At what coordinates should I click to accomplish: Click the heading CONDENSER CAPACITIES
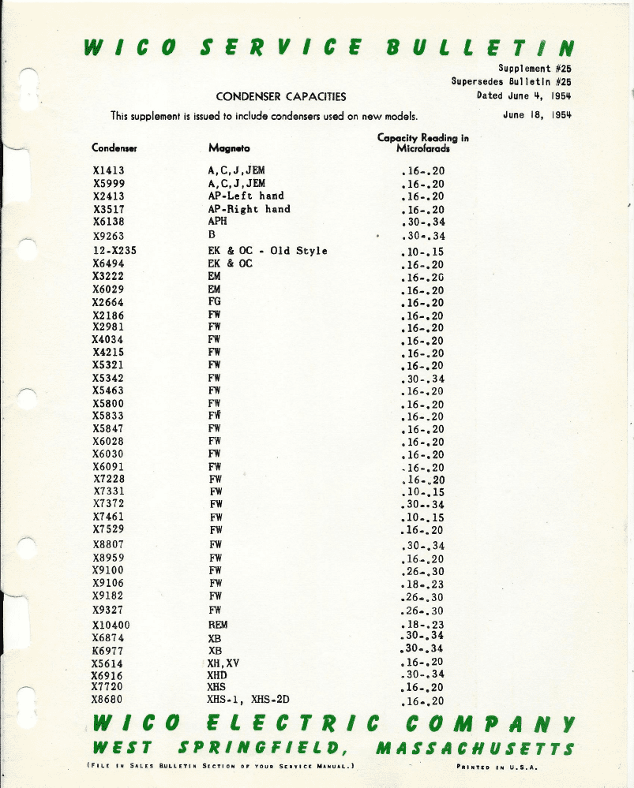click(281, 97)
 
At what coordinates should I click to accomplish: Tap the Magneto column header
click(229, 148)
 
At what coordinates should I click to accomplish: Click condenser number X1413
click(109, 170)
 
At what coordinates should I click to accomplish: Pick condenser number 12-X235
click(116, 251)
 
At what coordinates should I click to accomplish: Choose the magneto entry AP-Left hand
click(246, 196)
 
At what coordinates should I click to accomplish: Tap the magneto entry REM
click(217, 625)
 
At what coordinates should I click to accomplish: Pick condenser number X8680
click(109, 699)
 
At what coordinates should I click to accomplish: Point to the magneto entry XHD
click(217, 675)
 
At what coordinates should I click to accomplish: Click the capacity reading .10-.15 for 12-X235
click(423, 252)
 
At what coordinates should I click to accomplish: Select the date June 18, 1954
click(537, 113)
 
